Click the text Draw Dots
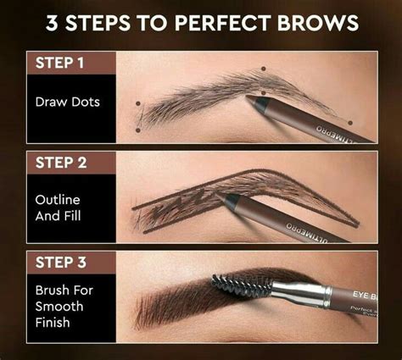coord(67,102)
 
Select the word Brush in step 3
coord(52,290)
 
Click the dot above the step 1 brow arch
coord(264,69)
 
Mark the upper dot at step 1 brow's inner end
coord(137,105)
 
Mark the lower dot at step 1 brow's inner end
coord(138,130)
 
